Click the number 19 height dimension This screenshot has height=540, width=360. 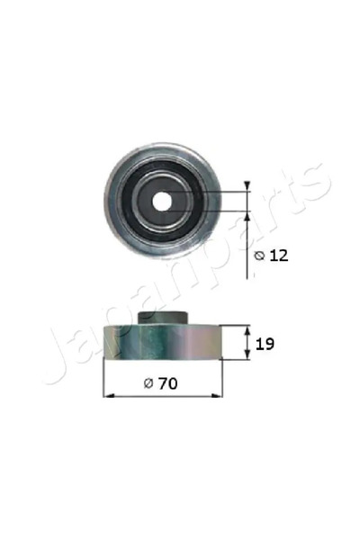[265, 343]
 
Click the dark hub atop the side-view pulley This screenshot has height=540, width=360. [164, 318]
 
